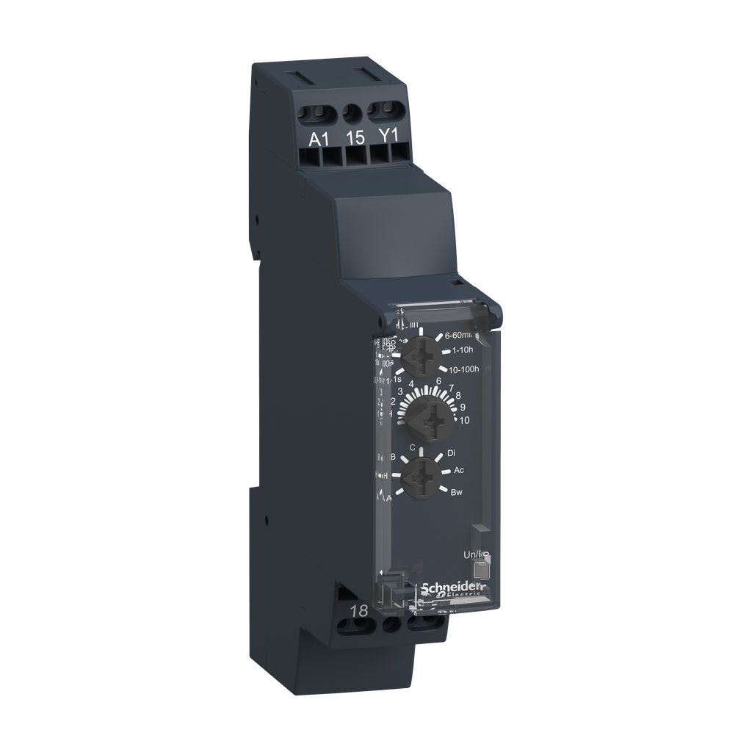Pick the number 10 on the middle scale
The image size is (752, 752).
pyautogui.click(x=464, y=420)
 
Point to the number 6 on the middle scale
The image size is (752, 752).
pyautogui.click(x=438, y=381)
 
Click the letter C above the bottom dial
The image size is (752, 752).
pyautogui.click(x=413, y=447)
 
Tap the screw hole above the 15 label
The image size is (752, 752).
pyautogui.click(x=354, y=112)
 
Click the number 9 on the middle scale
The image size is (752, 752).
pyautogui.click(x=463, y=406)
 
